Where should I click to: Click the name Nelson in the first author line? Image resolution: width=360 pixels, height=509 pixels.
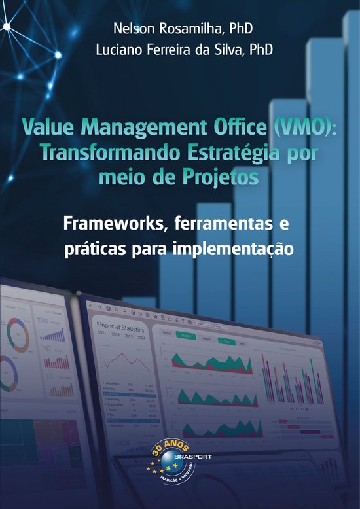pos(131,29)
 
